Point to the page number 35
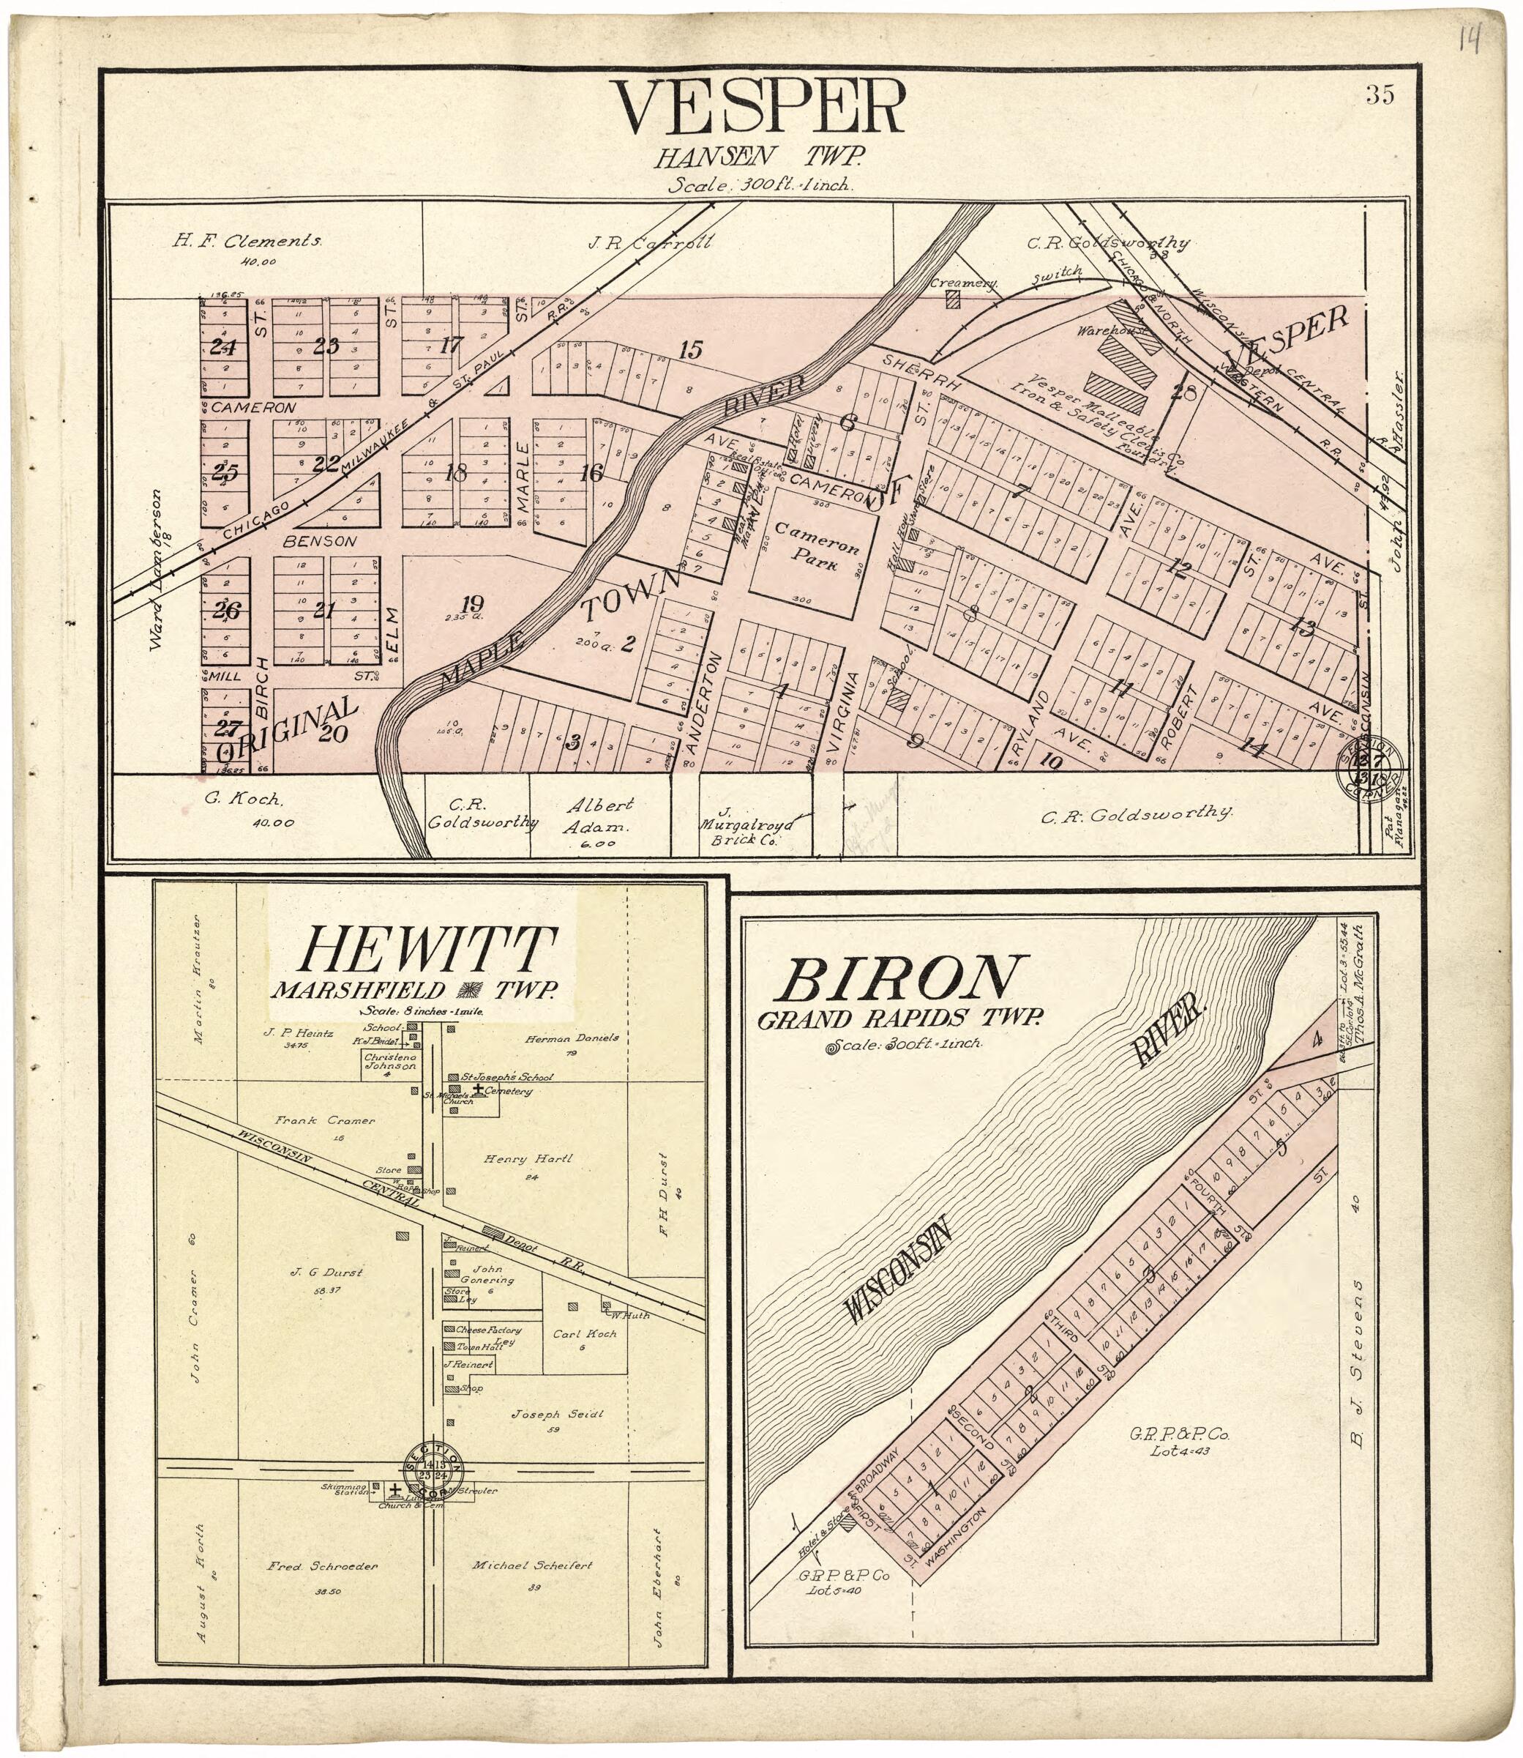point(1380,95)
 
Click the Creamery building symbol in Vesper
point(953,299)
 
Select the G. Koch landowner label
point(231,799)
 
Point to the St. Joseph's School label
point(506,1076)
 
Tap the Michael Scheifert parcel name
point(532,1565)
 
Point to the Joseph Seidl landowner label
point(557,1415)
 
